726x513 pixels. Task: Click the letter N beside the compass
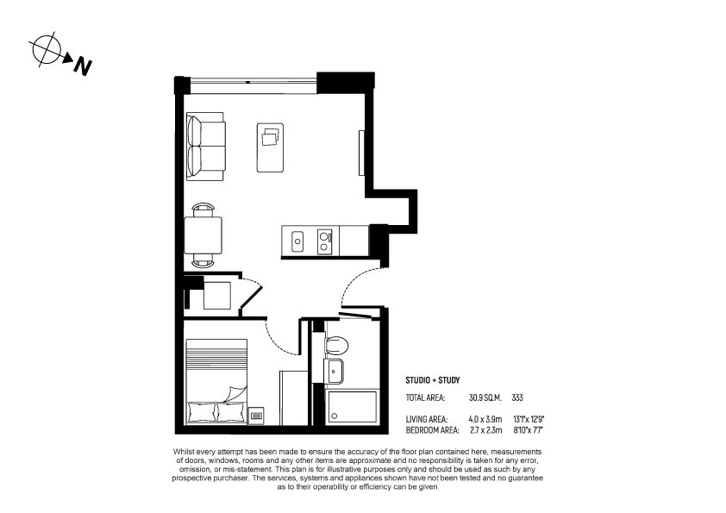(83, 66)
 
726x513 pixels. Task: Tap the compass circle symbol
(47, 48)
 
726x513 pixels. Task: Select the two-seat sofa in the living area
(205, 147)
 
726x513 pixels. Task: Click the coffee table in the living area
(271, 147)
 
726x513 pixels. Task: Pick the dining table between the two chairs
(203, 235)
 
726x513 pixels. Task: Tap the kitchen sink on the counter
(297, 241)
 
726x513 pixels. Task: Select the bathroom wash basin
(334, 371)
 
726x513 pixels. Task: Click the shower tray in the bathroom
(353, 408)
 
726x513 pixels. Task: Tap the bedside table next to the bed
(256, 416)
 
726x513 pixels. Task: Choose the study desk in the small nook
(217, 296)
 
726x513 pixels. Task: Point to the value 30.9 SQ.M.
(485, 397)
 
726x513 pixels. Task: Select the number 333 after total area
(517, 397)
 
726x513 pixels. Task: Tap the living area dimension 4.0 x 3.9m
(485, 420)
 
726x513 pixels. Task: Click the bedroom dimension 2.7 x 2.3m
(485, 430)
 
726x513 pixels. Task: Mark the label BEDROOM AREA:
(433, 430)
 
